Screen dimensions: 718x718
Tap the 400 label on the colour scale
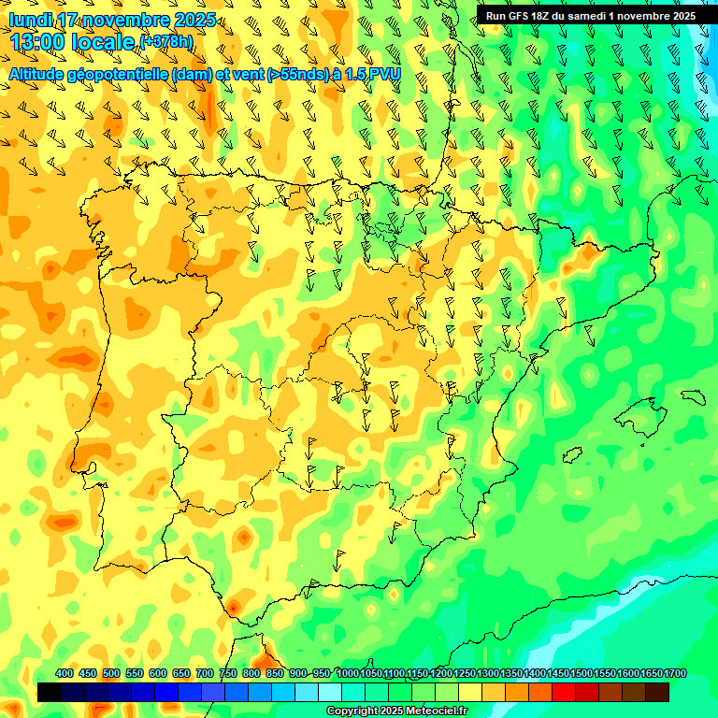pyautogui.click(x=65, y=673)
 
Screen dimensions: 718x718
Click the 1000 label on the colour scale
pyautogui.click(x=347, y=673)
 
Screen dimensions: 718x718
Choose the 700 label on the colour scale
pyautogui.click(x=205, y=673)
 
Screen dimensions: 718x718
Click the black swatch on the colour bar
pyautogui.click(x=50, y=693)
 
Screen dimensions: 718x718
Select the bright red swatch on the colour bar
pyautogui.click(x=564, y=693)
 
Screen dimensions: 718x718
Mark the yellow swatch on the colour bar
pyautogui.click(x=470, y=693)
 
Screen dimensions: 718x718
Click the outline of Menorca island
pyautogui.click(x=693, y=395)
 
